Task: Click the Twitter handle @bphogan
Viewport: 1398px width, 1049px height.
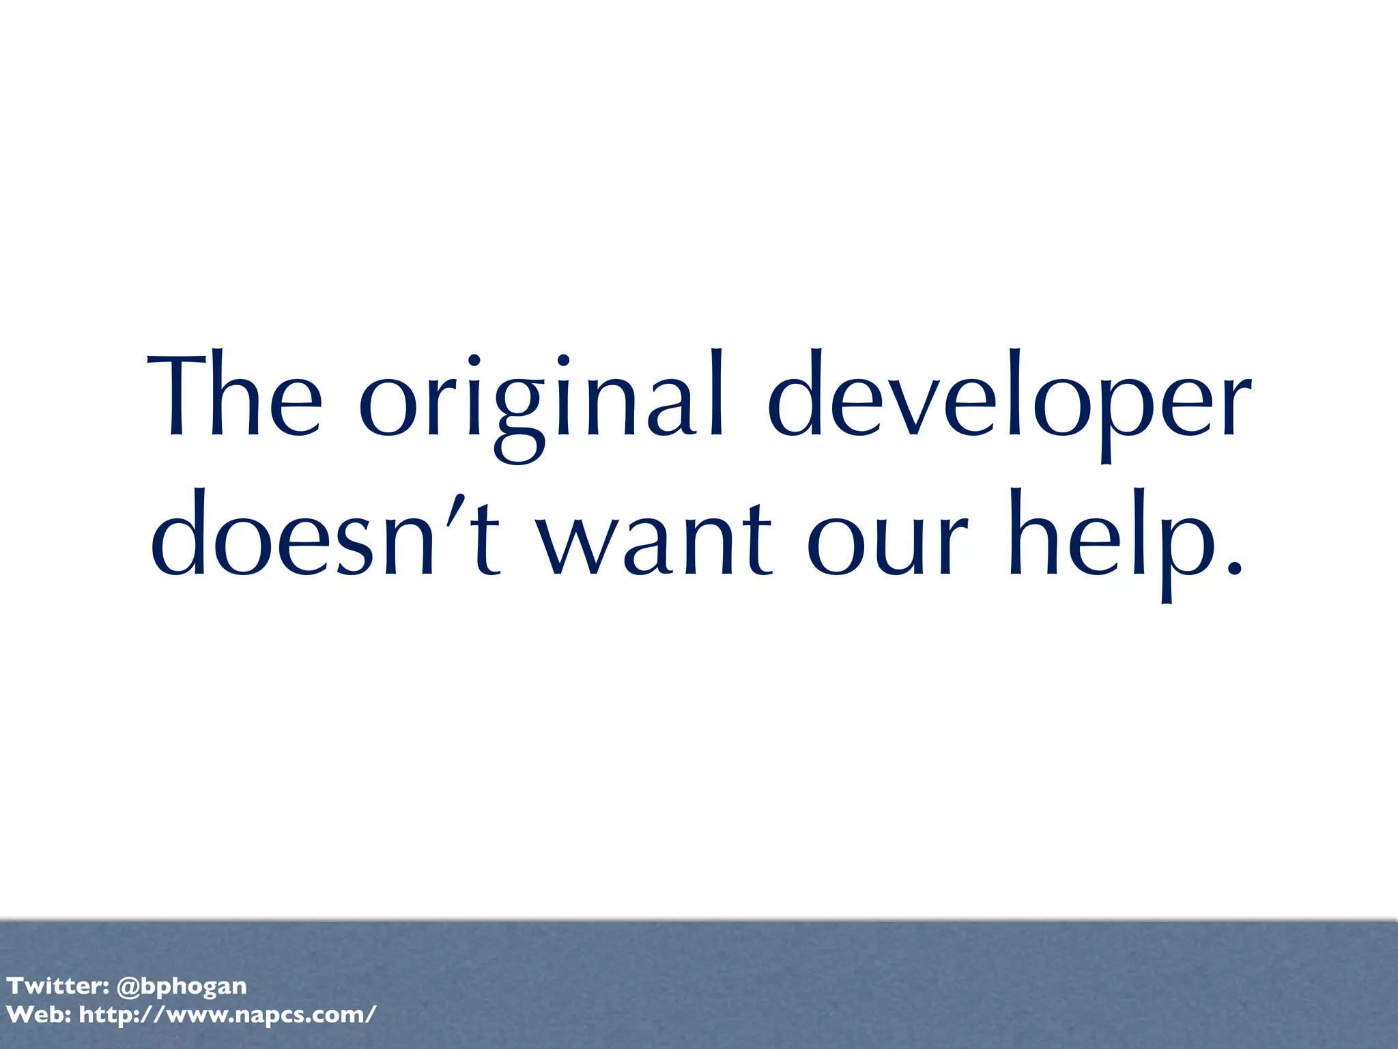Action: (x=182, y=986)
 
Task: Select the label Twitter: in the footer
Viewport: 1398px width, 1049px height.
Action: (x=58, y=986)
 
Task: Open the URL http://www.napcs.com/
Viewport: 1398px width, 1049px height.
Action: (x=227, y=1015)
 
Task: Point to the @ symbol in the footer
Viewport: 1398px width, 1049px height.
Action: (x=128, y=986)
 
